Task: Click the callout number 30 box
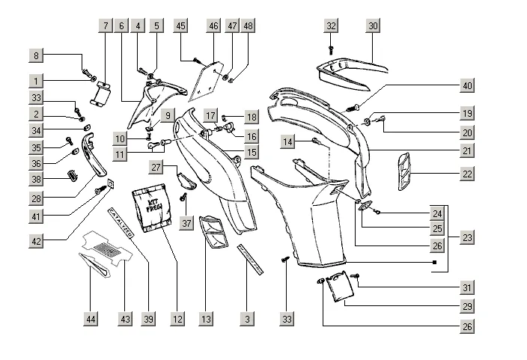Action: (373, 25)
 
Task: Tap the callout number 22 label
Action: (467, 174)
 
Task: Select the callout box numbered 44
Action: (91, 319)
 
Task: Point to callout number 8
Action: (36, 55)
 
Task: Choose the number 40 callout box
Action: (467, 85)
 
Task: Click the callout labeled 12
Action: (177, 319)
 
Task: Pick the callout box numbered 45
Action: (180, 25)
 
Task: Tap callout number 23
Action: (467, 237)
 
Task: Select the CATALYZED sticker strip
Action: (121, 223)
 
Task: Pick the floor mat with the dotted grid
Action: (110, 246)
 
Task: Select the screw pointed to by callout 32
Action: (331, 49)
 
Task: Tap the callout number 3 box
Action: (246, 319)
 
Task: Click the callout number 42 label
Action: (36, 240)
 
